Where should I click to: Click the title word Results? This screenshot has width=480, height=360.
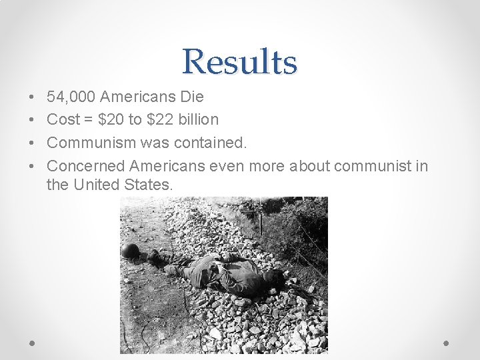point(239,61)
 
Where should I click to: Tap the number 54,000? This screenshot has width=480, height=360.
point(71,97)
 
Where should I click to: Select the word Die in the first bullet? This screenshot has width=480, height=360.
point(192,97)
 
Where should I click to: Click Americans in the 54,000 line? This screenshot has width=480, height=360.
point(137,97)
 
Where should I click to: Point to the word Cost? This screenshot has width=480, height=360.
point(63,120)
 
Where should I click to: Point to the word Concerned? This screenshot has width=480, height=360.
point(86,165)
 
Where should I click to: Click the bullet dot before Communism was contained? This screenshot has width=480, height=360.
point(33,143)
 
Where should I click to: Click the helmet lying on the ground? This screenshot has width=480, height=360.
point(130,251)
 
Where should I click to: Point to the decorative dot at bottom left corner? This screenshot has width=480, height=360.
point(33,342)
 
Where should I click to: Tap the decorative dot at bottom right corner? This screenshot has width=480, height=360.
point(447,342)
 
